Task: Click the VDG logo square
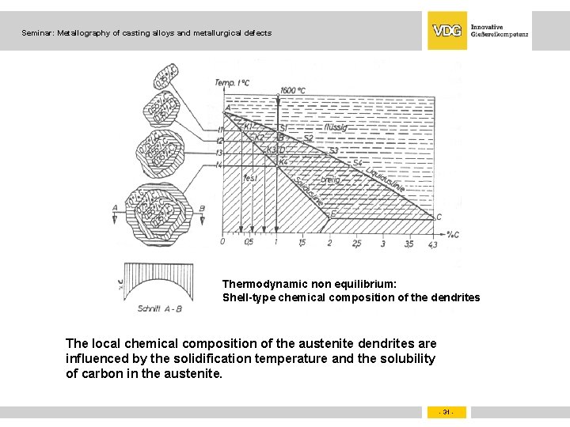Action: [447, 31]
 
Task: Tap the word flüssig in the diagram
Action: [336, 127]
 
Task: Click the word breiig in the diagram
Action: [330, 180]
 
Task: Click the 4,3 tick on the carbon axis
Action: [431, 244]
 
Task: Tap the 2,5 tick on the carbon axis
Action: [356, 244]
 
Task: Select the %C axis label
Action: [453, 234]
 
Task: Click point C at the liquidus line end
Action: [439, 217]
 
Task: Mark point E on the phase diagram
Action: [332, 213]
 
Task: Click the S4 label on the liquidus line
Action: [357, 163]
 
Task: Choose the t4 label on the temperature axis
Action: [218, 164]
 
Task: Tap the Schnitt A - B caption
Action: [159, 308]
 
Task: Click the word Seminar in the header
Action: [37, 33]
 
